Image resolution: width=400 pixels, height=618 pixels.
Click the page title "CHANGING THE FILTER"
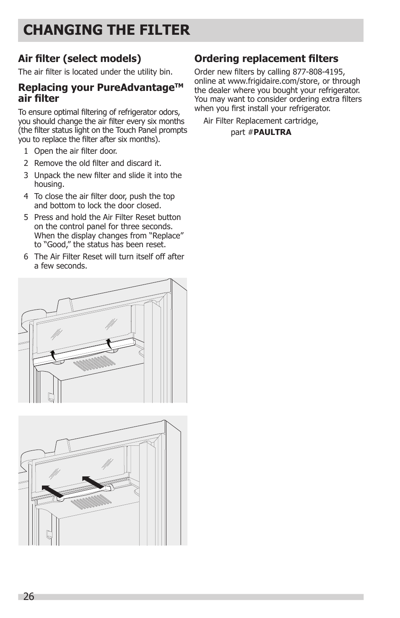click(x=106, y=30)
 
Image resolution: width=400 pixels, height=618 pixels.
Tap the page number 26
click(x=29, y=597)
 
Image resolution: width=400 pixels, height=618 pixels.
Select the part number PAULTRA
click(x=272, y=132)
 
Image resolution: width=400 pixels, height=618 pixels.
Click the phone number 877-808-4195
click(x=318, y=72)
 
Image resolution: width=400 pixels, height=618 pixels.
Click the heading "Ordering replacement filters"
click(x=266, y=59)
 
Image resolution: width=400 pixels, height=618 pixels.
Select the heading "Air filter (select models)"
click(x=79, y=59)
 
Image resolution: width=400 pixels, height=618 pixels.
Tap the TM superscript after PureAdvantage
click(x=179, y=85)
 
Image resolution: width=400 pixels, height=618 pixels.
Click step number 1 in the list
click(x=26, y=151)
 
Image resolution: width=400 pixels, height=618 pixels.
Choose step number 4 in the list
click(x=26, y=197)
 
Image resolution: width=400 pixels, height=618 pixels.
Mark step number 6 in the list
click(x=26, y=257)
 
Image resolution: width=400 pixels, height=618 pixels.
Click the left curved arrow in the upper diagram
click(x=53, y=355)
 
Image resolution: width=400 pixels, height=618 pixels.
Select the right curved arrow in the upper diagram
click(x=109, y=343)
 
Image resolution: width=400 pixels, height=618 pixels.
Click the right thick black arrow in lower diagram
click(x=93, y=482)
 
